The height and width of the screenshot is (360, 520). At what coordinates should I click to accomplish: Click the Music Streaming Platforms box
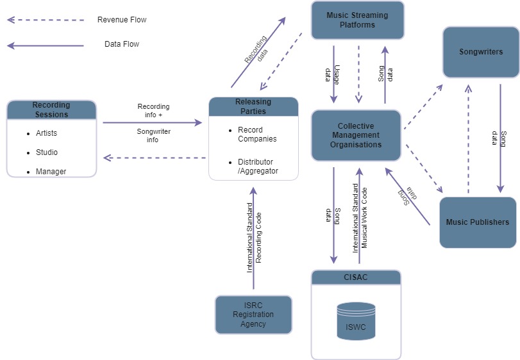(x=357, y=20)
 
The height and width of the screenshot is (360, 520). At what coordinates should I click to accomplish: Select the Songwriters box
(x=480, y=52)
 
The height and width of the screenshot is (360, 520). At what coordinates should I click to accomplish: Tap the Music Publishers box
(x=477, y=222)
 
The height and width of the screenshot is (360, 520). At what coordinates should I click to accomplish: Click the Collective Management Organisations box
(x=356, y=135)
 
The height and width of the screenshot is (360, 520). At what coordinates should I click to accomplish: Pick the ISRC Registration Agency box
(x=253, y=315)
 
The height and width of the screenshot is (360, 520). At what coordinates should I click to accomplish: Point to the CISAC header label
(x=356, y=277)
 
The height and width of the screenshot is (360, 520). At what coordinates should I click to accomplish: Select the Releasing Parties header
(x=253, y=106)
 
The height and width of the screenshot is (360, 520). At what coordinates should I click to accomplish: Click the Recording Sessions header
(x=51, y=110)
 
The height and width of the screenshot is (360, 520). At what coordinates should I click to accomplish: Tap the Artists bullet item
(x=46, y=133)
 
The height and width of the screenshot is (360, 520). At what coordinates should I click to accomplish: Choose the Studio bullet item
(x=47, y=152)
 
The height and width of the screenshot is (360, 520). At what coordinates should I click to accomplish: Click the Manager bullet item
(x=51, y=172)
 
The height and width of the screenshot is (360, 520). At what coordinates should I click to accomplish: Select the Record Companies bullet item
(x=257, y=135)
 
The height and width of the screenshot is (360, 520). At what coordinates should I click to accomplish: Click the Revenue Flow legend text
(x=122, y=20)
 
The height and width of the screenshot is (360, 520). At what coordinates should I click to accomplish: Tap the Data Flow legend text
(x=122, y=44)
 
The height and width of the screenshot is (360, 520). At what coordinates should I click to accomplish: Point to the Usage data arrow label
(x=331, y=74)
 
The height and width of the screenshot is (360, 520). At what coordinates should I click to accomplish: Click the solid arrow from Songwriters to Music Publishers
(x=500, y=138)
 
